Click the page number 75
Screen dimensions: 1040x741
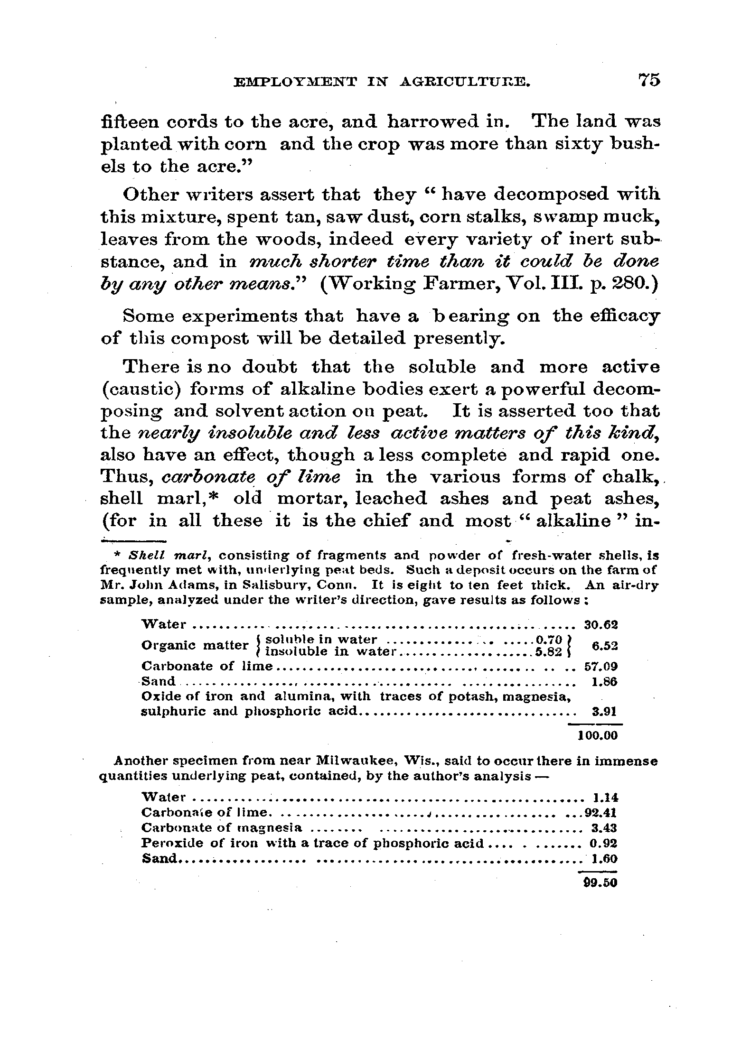tap(649, 80)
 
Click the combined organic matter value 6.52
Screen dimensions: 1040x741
tap(606, 646)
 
